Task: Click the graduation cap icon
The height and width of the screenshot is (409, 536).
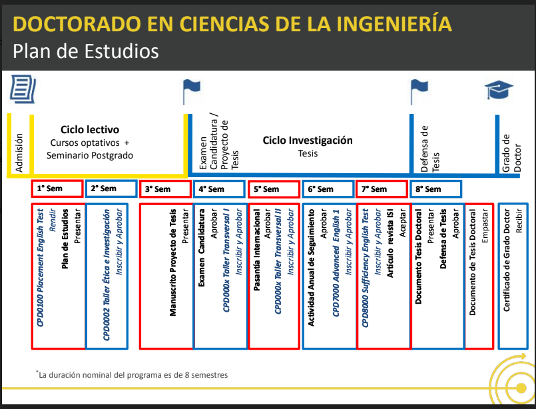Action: tap(499, 90)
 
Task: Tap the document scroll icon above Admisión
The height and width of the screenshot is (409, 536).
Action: tap(23, 89)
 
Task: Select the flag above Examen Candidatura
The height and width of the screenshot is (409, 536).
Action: tap(191, 92)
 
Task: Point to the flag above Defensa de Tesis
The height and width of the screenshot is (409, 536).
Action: tap(419, 92)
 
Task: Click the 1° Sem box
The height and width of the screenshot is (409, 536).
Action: tap(57, 189)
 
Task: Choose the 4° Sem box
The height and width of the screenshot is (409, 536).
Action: tap(220, 189)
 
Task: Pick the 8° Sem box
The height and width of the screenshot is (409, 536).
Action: tap(436, 189)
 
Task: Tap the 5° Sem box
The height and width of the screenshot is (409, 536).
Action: tap(274, 189)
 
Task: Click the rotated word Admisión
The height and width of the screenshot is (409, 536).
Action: tap(19, 153)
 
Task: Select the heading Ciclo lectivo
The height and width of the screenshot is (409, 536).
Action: tap(90, 130)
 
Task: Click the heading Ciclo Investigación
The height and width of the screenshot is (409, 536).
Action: tap(308, 140)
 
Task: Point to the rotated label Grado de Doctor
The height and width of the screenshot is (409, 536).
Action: tap(511, 153)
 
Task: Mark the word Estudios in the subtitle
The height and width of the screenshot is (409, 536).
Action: tap(121, 51)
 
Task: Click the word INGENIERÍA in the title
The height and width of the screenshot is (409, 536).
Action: tap(394, 23)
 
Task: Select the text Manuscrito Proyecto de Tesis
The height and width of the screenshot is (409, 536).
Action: tap(173, 262)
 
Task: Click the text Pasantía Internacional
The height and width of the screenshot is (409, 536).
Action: tap(257, 250)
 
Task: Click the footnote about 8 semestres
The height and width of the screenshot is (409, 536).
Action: tap(132, 374)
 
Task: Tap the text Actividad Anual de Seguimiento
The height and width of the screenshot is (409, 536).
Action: tap(311, 267)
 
